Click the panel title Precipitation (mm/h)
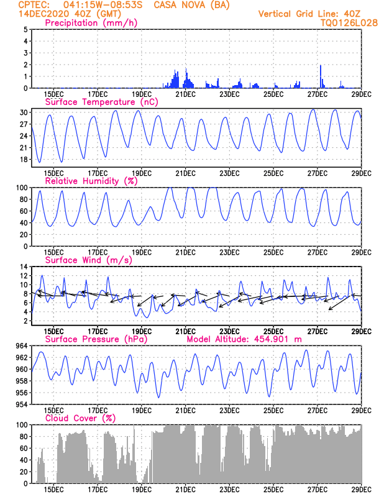91,23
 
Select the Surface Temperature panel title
99,102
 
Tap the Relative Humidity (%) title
91,181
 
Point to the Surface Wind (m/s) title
86,260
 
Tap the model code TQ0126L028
349,22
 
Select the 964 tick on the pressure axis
20,345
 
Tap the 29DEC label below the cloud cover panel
362,490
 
